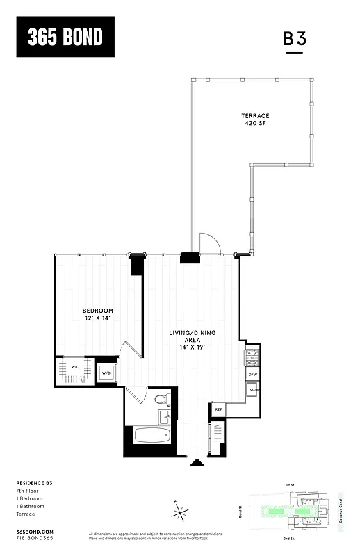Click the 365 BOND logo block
point(65,38)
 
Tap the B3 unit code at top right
point(295,39)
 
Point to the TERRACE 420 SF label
point(255,119)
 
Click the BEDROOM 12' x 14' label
point(97,314)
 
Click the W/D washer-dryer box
point(106,373)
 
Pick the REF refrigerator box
point(218,410)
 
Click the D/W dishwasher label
point(252,375)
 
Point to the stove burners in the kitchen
point(252,358)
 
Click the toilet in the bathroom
point(162,400)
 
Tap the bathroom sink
point(165,417)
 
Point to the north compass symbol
point(180,513)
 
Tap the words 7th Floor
point(28,491)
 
